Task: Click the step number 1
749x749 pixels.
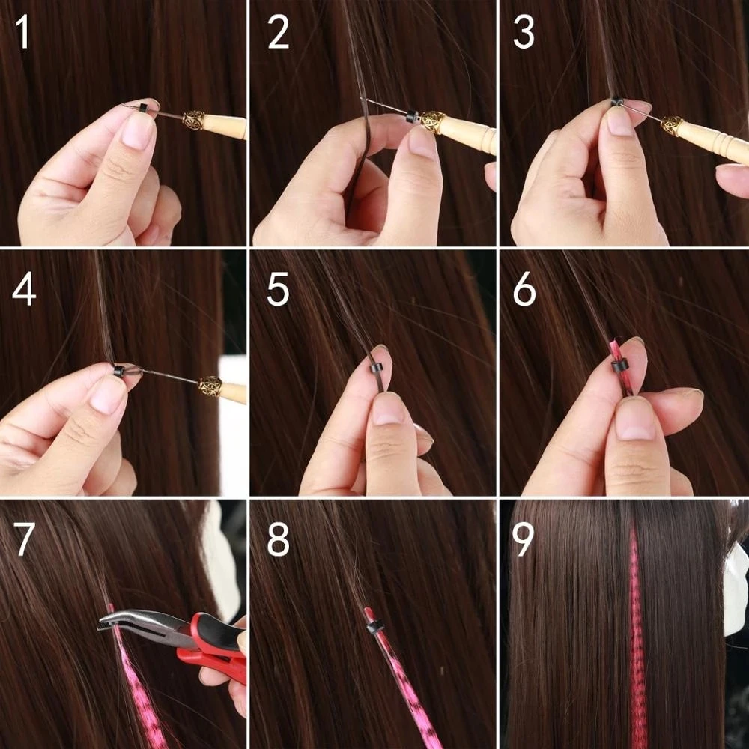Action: point(23,34)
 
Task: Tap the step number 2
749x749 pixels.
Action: point(278,34)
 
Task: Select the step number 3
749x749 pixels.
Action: point(524,34)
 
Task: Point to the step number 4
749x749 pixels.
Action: point(24,291)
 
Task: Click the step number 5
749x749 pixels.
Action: point(278,291)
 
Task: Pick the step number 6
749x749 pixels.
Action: point(524,291)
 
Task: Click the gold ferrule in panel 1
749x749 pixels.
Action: point(194,120)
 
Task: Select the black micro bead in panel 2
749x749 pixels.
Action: point(412,117)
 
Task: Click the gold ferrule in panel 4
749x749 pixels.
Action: point(210,386)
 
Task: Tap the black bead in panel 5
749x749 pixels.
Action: point(377,369)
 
